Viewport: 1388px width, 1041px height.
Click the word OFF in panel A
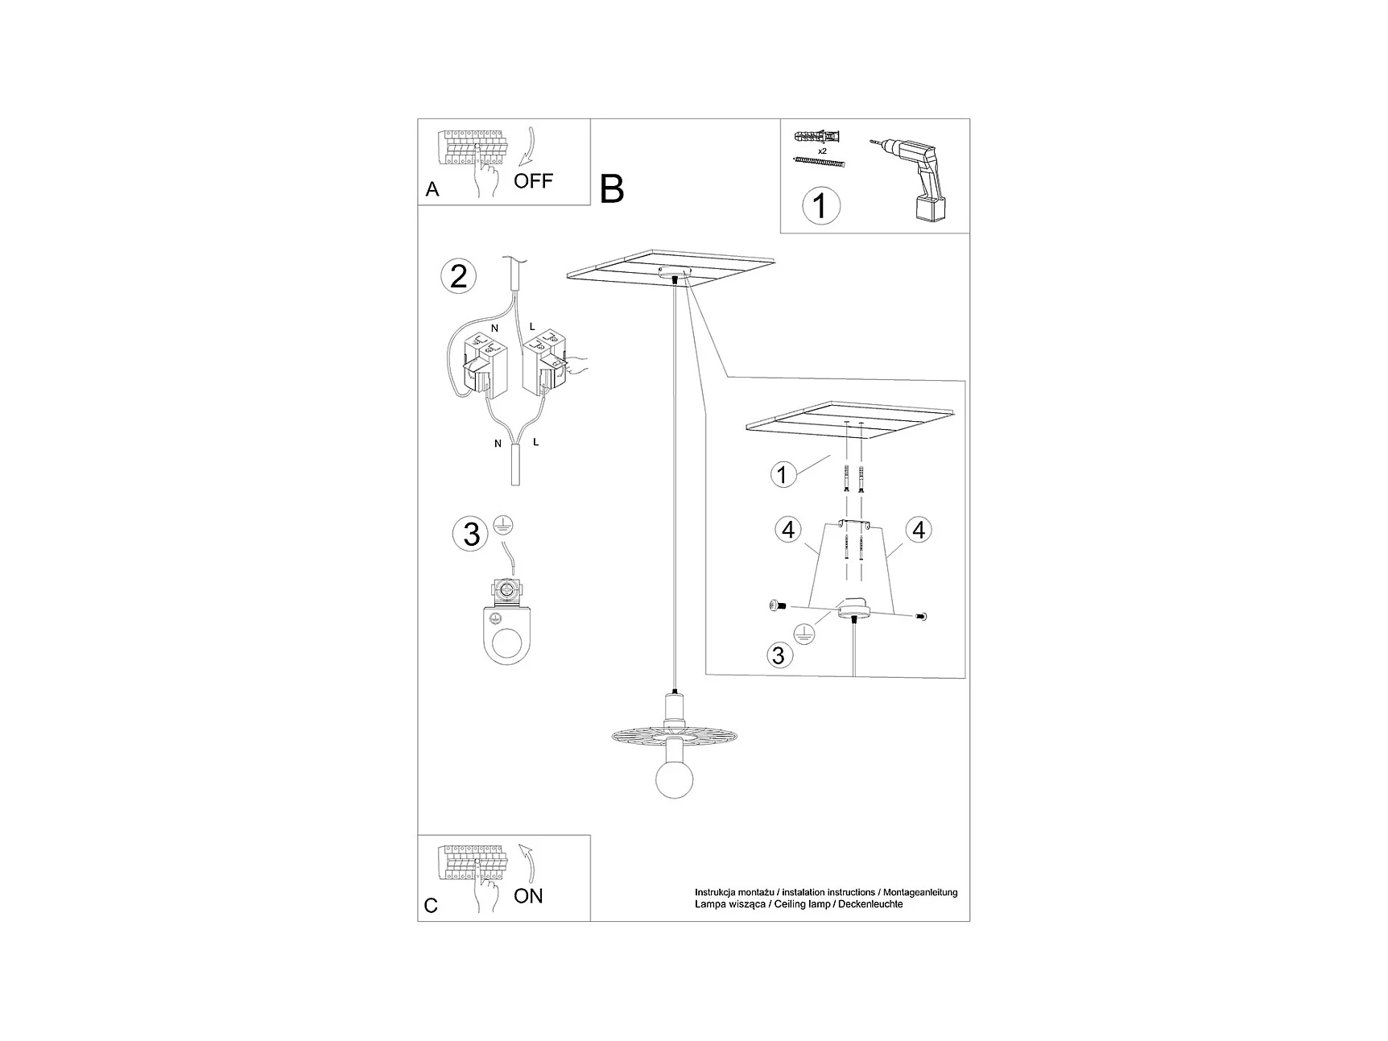(533, 180)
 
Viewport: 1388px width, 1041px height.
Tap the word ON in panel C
(528, 895)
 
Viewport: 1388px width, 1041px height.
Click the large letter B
(612, 189)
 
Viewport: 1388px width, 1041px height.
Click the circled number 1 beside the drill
(820, 205)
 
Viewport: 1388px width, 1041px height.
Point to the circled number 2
(459, 277)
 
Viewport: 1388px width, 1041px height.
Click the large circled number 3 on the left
(472, 534)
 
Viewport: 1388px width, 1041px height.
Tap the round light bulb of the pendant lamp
(675, 776)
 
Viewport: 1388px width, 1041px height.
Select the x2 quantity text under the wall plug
(822, 151)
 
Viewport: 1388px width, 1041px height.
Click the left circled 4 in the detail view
(788, 530)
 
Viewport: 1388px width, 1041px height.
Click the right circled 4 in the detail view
(918, 530)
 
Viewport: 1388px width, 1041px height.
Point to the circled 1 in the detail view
(782, 474)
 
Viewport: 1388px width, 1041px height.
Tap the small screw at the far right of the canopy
(921, 616)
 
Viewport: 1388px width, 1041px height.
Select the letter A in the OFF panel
(432, 189)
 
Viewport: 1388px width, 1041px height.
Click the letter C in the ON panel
(431, 906)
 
